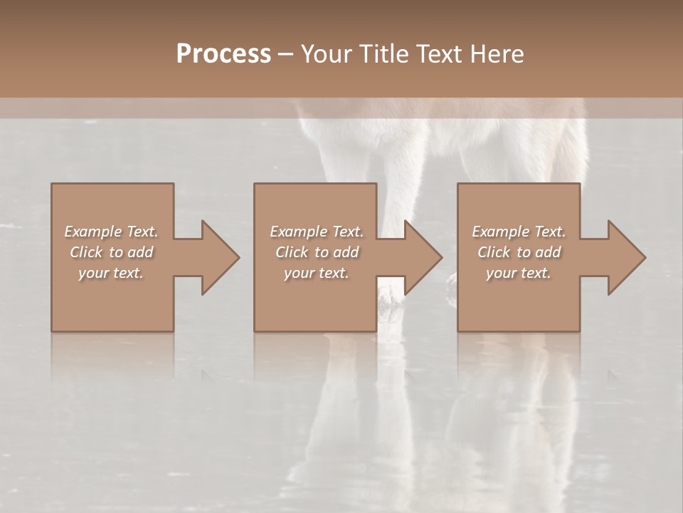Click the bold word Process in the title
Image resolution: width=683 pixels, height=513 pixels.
click(223, 54)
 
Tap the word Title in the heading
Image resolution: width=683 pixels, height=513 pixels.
click(383, 54)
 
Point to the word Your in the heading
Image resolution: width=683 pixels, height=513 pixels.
click(328, 54)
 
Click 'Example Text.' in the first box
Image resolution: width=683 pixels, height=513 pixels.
click(112, 232)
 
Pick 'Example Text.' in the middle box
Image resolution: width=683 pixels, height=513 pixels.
click(317, 232)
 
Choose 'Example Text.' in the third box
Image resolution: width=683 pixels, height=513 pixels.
click(519, 232)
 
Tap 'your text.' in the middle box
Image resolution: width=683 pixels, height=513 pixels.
click(317, 273)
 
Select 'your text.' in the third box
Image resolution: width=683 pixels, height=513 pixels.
click(519, 273)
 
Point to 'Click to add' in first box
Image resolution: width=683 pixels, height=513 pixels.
click(112, 252)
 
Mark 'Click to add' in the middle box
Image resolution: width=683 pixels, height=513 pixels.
click(317, 252)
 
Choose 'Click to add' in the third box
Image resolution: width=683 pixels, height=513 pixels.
click(519, 252)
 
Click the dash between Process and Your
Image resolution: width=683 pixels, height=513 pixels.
click(285, 55)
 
